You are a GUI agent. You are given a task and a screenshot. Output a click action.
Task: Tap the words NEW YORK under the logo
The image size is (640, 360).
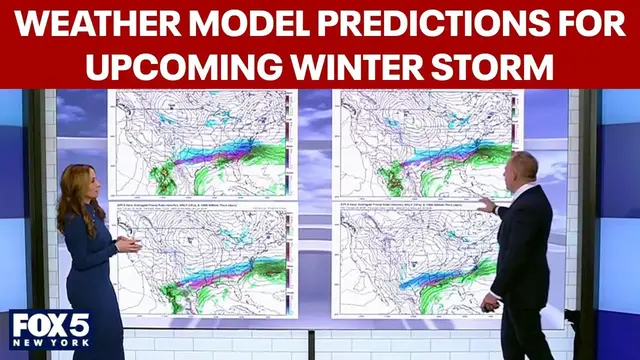49,347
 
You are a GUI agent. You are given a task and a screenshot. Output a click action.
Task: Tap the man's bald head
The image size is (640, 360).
524,167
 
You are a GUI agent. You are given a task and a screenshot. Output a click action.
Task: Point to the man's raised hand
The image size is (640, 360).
485,204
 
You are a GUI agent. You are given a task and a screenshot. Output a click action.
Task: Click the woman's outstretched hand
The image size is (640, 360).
132,243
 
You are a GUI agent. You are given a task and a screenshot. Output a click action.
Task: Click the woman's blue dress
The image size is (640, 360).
92,280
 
